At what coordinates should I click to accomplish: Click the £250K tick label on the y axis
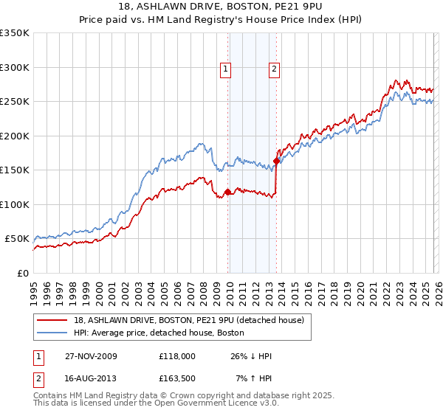[x=15, y=102]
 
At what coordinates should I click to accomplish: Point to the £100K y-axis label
[x=15, y=204]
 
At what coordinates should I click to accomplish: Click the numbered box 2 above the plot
[x=274, y=70]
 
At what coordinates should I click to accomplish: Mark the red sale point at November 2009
[x=227, y=192]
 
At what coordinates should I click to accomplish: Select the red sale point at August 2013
[x=276, y=161]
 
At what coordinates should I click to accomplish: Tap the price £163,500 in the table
[x=182, y=378]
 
